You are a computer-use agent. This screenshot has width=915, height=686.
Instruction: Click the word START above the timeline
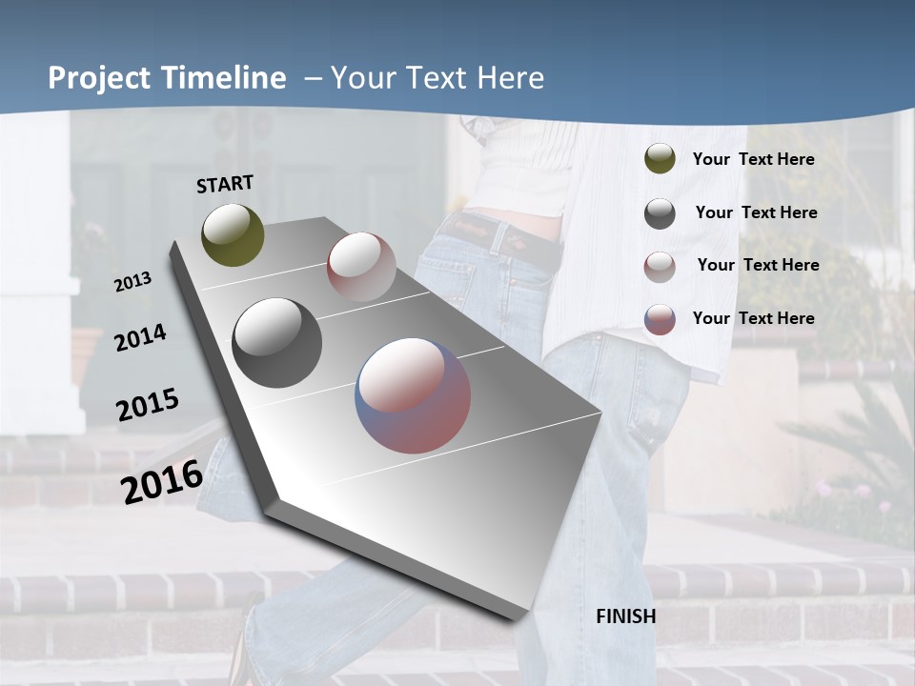(225, 184)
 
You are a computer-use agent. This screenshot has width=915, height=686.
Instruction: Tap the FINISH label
(625, 616)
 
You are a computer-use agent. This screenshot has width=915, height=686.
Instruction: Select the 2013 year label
(132, 282)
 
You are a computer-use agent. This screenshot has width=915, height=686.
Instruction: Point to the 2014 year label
(140, 338)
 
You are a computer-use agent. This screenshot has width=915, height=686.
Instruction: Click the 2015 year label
(147, 405)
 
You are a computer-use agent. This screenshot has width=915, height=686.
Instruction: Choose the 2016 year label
(161, 481)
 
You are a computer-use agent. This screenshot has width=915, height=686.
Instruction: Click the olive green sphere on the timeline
(233, 234)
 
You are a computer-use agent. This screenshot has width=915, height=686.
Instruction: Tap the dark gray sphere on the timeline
(276, 343)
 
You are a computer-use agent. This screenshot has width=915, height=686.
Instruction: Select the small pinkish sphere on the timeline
(361, 266)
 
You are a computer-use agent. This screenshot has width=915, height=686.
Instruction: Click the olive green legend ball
(660, 159)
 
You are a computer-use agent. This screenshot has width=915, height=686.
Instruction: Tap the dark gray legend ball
(660, 213)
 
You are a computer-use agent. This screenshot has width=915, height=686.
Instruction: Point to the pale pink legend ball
(660, 267)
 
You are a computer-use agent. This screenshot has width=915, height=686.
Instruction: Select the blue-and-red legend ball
(660, 319)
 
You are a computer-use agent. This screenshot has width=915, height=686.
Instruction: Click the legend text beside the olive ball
(753, 159)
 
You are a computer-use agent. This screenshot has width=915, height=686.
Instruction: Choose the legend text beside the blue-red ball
(753, 318)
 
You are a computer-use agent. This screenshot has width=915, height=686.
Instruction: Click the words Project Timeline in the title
(167, 78)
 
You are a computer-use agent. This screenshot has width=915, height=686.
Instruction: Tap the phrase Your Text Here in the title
(437, 78)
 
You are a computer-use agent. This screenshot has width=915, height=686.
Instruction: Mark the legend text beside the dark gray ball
(756, 212)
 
